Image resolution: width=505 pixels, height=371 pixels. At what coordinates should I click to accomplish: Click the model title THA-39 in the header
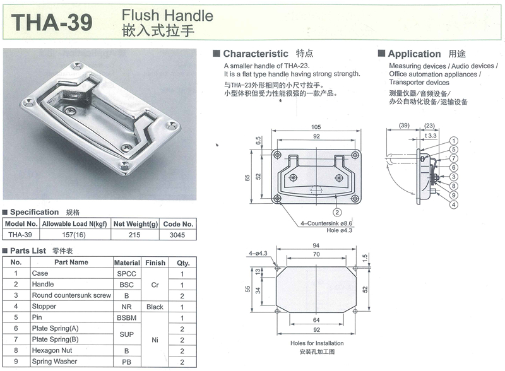52,22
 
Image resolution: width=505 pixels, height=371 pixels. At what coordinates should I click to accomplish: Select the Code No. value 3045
177,235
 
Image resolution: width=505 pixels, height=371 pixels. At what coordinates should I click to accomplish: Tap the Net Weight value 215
134,235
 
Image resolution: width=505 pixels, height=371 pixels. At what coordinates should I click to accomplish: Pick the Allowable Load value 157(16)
74,235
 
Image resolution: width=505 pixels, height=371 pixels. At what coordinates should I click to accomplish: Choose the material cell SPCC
127,274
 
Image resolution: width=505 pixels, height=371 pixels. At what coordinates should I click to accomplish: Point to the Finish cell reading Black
155,307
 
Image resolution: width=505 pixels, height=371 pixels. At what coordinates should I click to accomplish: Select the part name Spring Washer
54,362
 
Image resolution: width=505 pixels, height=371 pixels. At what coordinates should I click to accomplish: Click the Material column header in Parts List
127,262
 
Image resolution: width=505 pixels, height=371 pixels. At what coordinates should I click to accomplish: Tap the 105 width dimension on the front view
316,127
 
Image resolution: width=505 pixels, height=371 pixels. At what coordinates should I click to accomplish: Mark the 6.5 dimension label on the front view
258,141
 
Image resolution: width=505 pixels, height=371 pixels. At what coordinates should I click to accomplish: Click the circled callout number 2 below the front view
337,212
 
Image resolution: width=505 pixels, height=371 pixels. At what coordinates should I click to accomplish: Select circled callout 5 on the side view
453,150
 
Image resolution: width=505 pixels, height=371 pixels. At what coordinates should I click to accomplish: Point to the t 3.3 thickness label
431,136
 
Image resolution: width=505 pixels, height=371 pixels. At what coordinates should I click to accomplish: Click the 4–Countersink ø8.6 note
326,223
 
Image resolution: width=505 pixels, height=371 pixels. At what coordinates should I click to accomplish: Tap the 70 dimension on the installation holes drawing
316,254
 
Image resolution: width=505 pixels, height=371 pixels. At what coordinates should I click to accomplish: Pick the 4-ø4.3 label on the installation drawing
258,253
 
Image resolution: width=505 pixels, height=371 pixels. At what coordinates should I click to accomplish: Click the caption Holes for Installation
317,343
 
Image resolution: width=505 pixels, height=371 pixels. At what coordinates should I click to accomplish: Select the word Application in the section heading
414,54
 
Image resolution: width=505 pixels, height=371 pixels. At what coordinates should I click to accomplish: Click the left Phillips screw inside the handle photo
70,111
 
